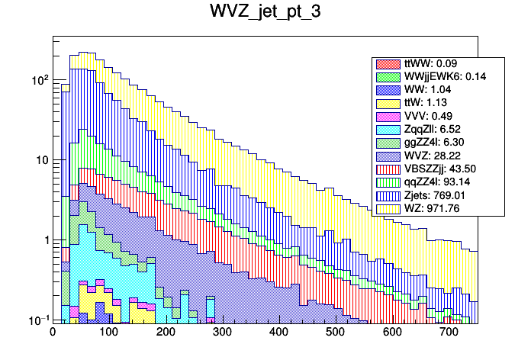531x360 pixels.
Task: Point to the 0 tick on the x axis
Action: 53,332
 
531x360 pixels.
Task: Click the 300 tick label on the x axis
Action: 222,332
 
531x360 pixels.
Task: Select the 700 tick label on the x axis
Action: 449,332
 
